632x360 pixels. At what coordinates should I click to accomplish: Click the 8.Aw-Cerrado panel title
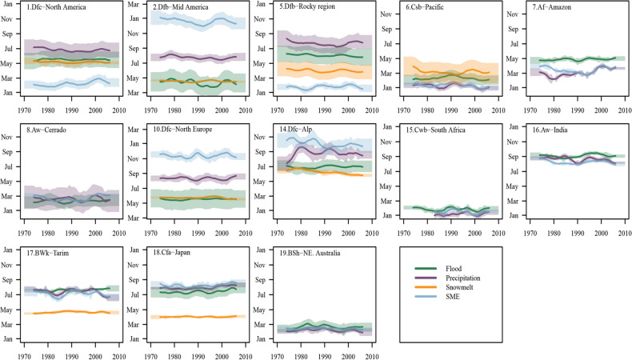pyautogui.click(x=50, y=130)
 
